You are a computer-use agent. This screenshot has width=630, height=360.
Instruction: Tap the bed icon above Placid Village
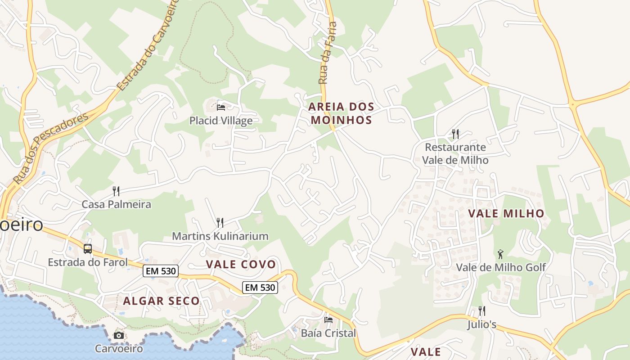click(221, 107)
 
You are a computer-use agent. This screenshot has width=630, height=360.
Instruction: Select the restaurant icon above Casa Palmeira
click(116, 191)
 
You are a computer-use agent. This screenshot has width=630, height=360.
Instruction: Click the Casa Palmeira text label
click(116, 204)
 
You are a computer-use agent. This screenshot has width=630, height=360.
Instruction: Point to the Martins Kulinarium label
click(220, 236)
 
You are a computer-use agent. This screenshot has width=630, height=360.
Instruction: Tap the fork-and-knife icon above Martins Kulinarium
click(220, 222)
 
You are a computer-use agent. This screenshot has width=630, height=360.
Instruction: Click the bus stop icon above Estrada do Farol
click(88, 248)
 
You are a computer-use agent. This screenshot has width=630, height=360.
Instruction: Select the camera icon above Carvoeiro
click(119, 335)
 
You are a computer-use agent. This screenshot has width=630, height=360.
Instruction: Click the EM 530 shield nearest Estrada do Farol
click(161, 271)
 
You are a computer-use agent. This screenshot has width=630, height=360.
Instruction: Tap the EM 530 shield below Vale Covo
click(260, 287)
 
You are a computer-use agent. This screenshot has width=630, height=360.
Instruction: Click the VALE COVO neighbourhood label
click(241, 264)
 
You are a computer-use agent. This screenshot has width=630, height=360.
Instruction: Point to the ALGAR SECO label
click(161, 301)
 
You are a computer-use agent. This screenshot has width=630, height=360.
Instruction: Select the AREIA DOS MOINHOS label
click(341, 113)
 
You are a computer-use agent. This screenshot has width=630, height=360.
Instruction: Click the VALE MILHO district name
click(506, 213)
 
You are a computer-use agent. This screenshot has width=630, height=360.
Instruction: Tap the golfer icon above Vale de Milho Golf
click(500, 254)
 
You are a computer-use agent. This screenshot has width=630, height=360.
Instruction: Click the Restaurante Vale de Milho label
click(455, 153)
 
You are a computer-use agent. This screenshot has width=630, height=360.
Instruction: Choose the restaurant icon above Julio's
click(481, 310)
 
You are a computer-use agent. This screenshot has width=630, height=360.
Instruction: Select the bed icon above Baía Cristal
click(328, 319)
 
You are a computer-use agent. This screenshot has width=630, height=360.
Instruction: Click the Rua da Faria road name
click(327, 53)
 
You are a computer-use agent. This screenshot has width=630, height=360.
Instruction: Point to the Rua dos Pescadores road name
click(50, 148)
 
